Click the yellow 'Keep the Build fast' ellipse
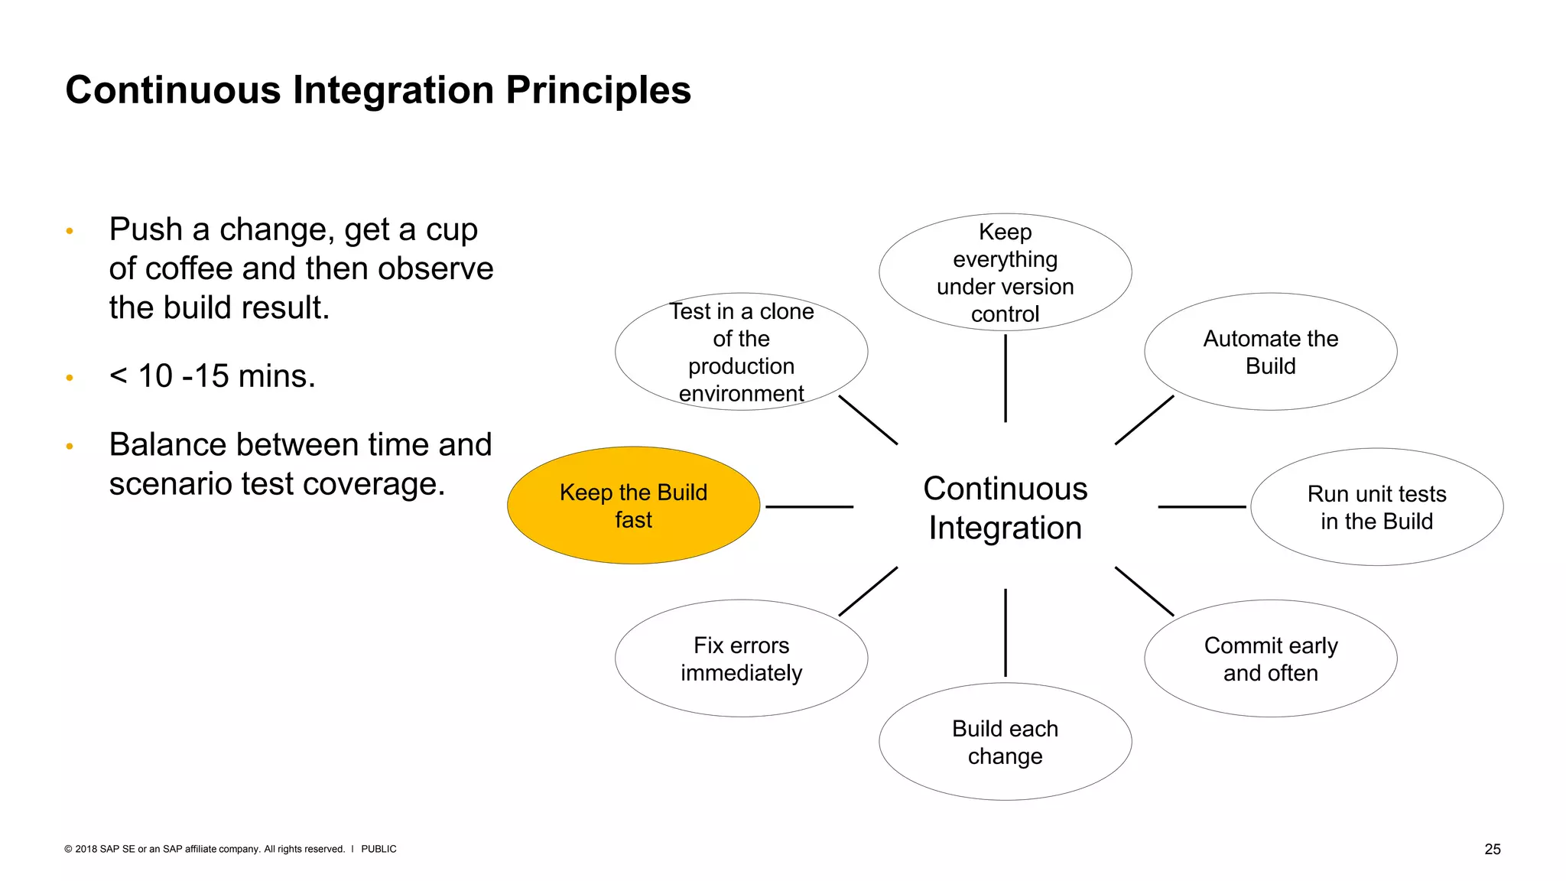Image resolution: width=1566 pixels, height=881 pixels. pos(633,506)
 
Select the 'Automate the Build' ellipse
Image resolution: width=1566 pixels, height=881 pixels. pos(1270,352)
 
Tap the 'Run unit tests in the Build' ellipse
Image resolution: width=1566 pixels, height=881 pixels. pos(1376,507)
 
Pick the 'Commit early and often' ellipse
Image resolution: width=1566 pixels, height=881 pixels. pos(1270,658)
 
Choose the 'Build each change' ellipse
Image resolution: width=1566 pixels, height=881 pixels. pos(1005,742)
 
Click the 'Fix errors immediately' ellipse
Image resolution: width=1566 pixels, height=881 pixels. pos(741,658)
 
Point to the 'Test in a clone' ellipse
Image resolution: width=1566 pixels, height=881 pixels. pos(741,352)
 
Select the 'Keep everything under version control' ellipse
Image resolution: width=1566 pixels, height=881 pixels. pos(1005,272)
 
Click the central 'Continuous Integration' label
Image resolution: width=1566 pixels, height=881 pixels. pos(1005,508)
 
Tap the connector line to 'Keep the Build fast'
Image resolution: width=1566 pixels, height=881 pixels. pos(809,506)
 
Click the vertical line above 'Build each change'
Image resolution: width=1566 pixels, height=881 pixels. pos(1005,632)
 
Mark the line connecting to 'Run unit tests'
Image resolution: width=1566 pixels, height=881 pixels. pos(1201,506)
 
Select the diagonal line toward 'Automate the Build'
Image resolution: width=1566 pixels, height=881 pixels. pos(1144,420)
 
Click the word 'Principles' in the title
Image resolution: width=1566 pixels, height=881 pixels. pos(598,90)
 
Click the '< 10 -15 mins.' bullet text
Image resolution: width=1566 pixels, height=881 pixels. pos(212,376)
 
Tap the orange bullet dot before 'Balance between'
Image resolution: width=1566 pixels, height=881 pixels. pos(70,446)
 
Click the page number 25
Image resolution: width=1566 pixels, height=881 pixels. pos(1492,849)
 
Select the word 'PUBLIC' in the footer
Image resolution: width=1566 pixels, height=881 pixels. pos(379,849)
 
